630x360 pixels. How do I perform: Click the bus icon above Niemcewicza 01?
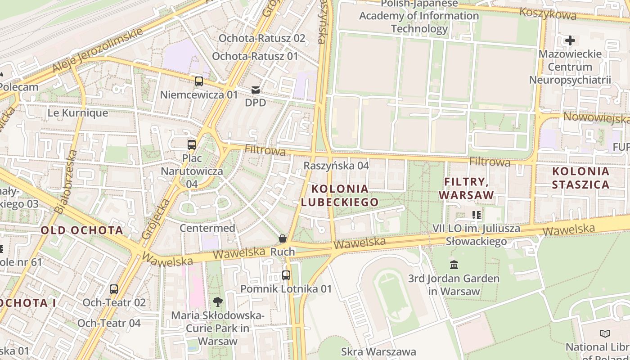198,81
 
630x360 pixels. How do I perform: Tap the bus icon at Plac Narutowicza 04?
192,145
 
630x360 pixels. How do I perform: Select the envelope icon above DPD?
256,90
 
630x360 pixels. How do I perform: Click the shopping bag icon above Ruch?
283,238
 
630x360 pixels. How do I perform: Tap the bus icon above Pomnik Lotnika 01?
286,275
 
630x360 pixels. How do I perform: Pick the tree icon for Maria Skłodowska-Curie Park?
218,301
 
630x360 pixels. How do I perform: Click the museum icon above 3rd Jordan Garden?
454,265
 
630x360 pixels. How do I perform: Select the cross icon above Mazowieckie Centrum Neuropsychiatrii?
570,40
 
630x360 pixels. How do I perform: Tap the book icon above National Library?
605,333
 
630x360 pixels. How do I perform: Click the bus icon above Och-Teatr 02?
114,289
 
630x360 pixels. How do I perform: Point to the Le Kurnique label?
78,113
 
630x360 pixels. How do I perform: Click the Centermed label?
207,228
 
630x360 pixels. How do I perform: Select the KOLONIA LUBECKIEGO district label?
340,195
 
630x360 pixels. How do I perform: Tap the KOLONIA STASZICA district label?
580,178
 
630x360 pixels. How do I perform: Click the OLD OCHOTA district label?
82,230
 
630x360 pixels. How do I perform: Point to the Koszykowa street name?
548,13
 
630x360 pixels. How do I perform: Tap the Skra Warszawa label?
378,351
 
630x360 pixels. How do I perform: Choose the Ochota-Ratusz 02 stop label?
262,38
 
